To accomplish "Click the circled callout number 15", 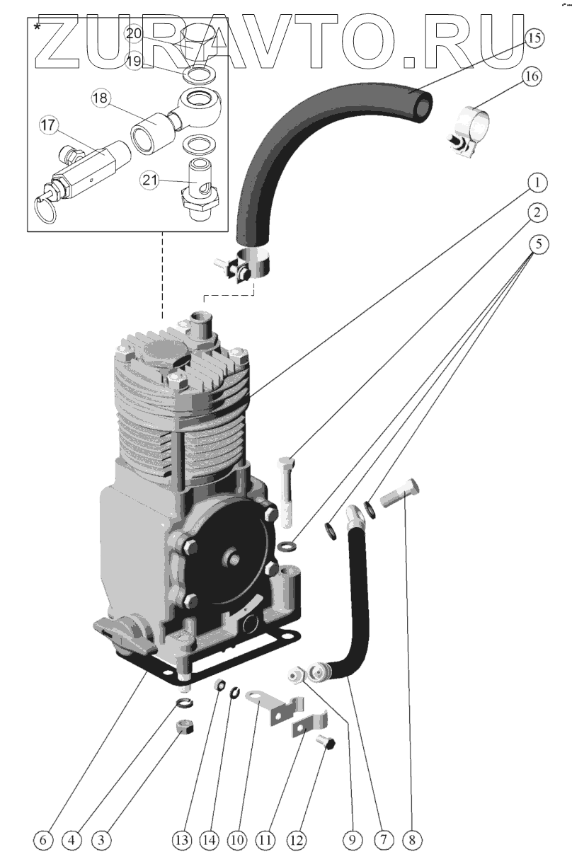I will click(x=534, y=38).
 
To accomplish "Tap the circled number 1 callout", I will click(x=537, y=183).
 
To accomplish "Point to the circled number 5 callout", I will click(x=537, y=244).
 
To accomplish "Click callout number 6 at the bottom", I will click(x=43, y=840).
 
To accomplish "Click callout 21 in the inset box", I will click(x=149, y=181).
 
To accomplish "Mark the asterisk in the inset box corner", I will click(x=36, y=26).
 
